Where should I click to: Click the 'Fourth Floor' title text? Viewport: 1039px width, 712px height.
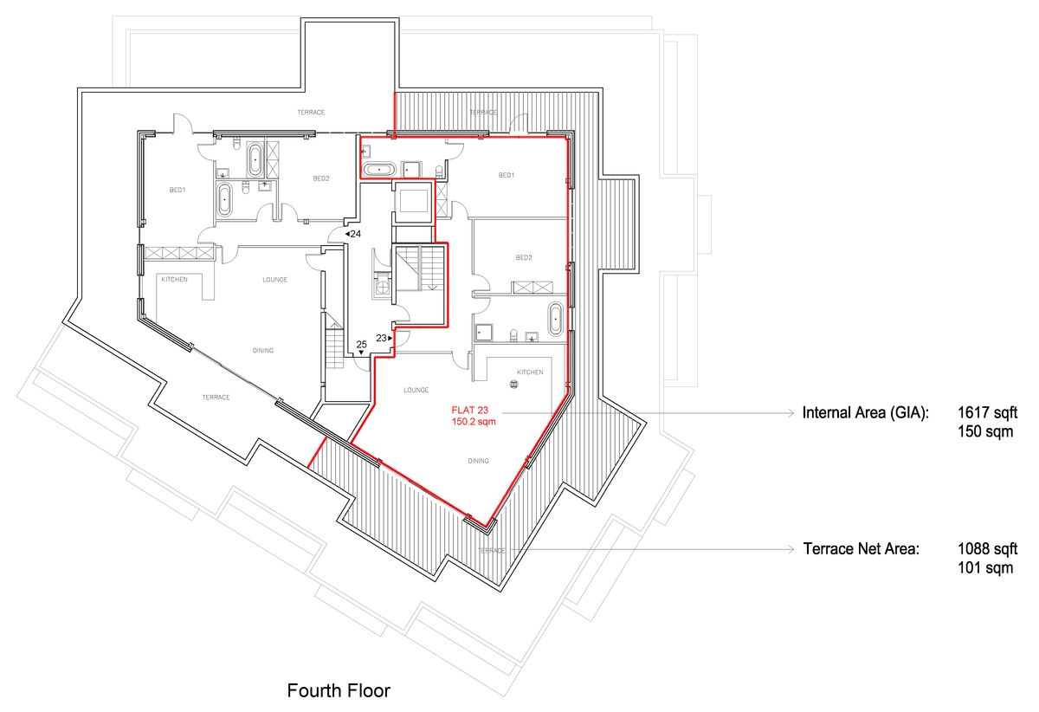[339, 691]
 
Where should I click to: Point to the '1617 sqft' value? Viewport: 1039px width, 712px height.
[988, 414]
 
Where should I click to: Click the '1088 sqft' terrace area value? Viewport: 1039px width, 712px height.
[988, 549]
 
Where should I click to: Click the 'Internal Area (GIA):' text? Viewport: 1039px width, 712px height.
[866, 414]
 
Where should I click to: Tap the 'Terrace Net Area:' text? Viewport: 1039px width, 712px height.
[861, 549]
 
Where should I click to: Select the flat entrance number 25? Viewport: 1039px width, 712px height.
[362, 345]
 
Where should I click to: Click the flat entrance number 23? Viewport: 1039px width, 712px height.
[382, 338]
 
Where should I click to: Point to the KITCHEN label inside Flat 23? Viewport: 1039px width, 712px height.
[530, 372]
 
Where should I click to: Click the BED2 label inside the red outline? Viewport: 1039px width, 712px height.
[524, 257]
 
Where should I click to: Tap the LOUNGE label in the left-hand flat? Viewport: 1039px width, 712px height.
[275, 280]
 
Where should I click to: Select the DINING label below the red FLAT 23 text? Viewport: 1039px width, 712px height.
[478, 461]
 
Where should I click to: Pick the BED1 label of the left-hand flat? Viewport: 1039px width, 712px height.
[177, 190]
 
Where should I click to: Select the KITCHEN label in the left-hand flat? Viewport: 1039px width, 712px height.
[173, 280]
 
